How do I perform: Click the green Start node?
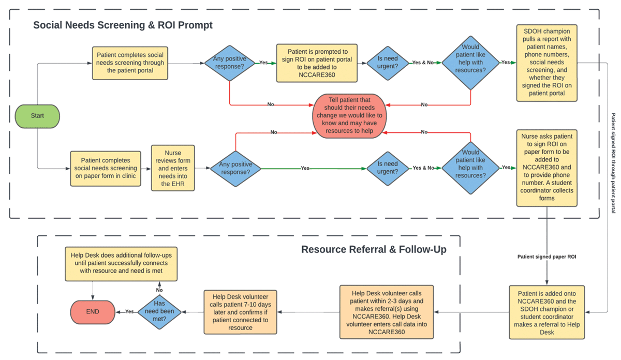coord(37,115)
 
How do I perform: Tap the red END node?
coord(92,311)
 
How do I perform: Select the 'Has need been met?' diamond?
coord(159,311)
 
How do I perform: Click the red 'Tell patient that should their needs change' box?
coord(349,115)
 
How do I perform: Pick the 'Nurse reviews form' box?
coord(173,168)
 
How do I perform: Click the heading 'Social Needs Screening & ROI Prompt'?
coord(123,25)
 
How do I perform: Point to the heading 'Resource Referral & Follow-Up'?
coord(374,250)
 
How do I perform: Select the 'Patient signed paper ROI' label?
coord(546,257)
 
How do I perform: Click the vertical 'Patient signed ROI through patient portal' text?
coord(614,163)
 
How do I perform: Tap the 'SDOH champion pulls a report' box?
coord(546,63)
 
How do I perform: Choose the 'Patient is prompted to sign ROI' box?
coord(317,63)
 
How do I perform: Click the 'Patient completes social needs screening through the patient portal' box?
coord(130,63)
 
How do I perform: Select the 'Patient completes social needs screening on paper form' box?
coord(106,168)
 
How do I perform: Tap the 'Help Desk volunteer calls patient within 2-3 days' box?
coord(387,311)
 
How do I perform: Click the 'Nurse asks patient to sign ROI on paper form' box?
coord(546,168)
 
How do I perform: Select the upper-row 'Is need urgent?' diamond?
coord(387,63)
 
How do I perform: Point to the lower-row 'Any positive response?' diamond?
coord(235,168)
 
